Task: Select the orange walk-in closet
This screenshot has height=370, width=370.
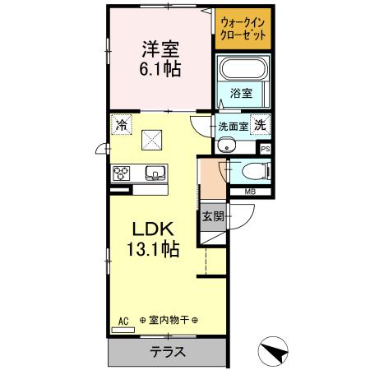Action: click(x=243, y=29)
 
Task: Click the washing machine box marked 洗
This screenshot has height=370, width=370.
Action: click(x=260, y=125)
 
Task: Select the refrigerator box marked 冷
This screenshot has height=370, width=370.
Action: click(x=122, y=125)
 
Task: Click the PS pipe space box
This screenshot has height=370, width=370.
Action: click(x=265, y=149)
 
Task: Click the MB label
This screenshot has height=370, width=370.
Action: click(x=249, y=192)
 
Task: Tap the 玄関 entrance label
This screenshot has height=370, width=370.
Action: click(x=212, y=216)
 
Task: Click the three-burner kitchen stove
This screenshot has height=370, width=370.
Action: click(x=123, y=173)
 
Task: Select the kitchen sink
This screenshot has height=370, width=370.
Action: click(x=155, y=173)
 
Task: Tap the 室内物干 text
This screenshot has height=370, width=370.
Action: click(x=168, y=319)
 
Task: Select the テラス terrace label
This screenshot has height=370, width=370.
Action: click(x=167, y=352)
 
